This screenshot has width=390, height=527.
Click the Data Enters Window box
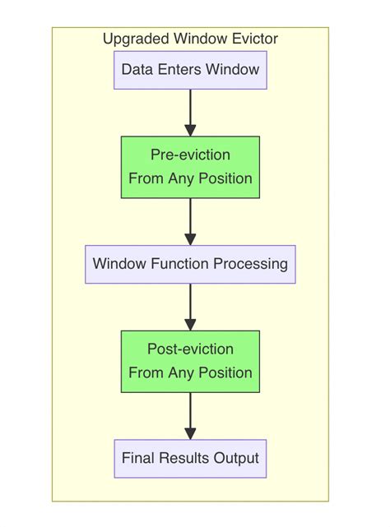[190, 70]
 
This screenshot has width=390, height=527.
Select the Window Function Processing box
[190, 265]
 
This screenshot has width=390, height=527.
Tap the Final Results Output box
[190, 459]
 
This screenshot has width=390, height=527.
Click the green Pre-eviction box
[190, 167]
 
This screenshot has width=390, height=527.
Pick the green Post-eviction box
[190, 362]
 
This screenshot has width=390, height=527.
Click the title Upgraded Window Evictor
[190, 39]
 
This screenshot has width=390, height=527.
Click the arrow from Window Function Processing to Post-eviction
[190, 306]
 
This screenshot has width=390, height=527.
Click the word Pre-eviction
[190, 155]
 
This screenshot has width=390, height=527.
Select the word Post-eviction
[190, 349]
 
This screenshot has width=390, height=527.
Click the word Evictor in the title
[253, 39]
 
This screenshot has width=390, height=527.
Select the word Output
[238, 459]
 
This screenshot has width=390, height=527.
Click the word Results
[184, 459]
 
